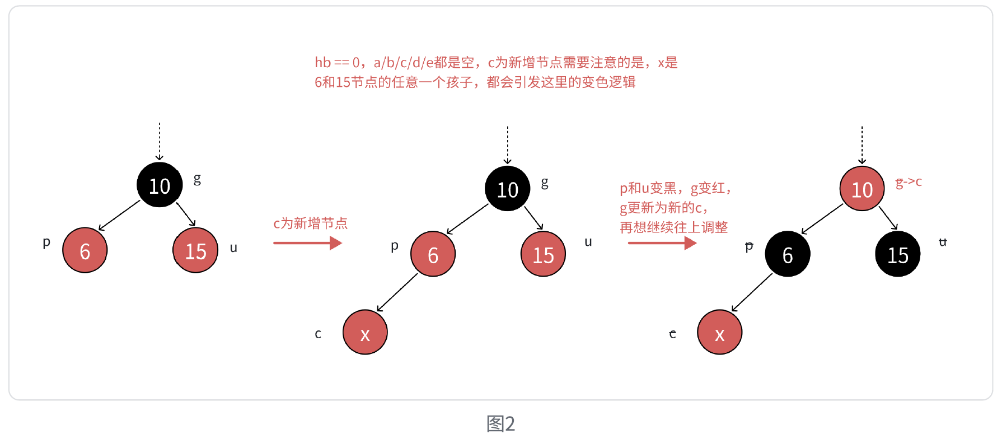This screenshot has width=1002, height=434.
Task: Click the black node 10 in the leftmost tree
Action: pos(160,185)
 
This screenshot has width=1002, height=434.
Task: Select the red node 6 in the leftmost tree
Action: pos(85,250)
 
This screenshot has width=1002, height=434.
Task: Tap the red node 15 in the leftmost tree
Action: pos(195,250)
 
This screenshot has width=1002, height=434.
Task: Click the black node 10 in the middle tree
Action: pos(508,189)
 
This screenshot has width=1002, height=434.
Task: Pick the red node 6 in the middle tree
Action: pos(433,254)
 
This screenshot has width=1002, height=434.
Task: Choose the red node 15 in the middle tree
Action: pos(543,254)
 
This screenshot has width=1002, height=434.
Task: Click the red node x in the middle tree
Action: pos(365,333)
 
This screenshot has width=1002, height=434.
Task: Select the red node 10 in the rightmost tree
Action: pos(862,189)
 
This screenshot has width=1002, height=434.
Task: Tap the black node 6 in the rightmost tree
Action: pos(787,254)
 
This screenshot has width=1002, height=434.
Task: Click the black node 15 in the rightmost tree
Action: pos(897,254)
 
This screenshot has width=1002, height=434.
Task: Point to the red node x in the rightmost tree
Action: pos(719,333)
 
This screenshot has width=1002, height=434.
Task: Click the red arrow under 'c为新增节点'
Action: pos(307,243)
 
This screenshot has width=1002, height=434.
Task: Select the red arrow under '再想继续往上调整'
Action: pos(662,243)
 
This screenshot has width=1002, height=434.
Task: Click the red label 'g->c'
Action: pos(909,182)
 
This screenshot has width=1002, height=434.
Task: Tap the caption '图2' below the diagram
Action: pos(500,423)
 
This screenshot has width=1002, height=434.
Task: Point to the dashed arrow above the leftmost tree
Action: pos(160,141)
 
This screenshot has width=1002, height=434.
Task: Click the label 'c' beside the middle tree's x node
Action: pos(318,334)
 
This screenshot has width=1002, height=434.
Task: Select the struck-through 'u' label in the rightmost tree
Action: pos(943,242)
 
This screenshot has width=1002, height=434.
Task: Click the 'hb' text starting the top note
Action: pos(322,62)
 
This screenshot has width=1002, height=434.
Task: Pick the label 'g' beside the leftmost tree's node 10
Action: pos(197,179)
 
